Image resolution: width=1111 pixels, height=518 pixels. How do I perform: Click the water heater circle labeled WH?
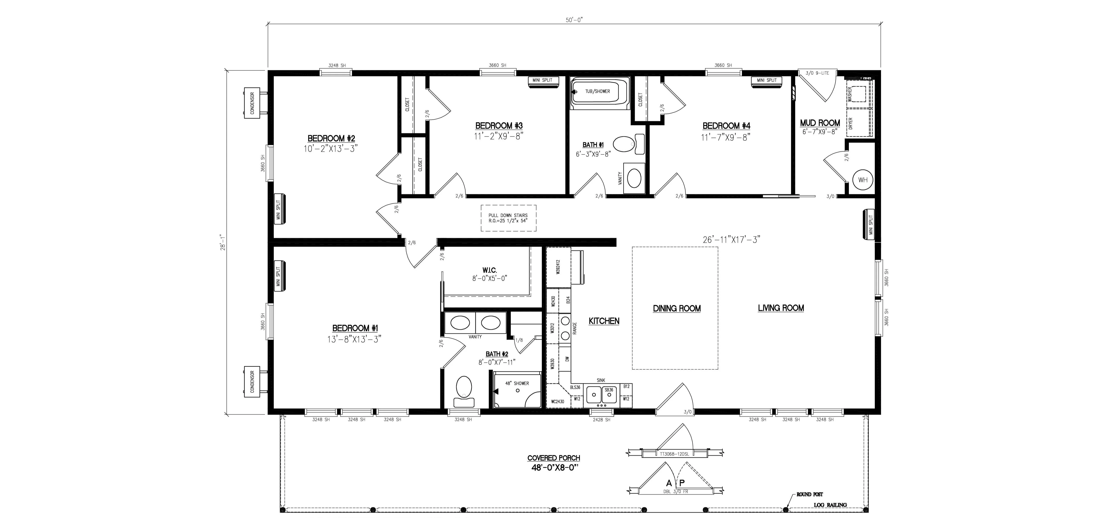(863, 180)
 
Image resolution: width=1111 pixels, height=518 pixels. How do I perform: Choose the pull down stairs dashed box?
(508, 218)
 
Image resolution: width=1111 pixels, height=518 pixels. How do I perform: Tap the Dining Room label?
(677, 309)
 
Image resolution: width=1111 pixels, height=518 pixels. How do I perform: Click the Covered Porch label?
(554, 458)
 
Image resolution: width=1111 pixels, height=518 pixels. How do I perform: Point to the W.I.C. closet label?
(489, 270)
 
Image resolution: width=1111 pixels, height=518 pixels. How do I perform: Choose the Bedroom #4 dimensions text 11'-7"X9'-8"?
(726, 137)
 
